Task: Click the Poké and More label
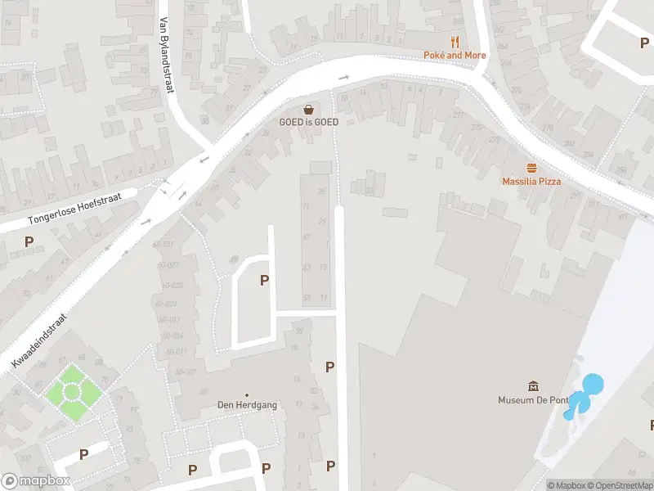[455, 56]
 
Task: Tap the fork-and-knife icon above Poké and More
[455, 42]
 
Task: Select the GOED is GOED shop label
[309, 122]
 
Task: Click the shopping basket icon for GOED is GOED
[309, 109]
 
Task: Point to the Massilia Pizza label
[531, 181]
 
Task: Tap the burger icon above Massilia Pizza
[531, 167]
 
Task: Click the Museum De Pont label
[534, 400]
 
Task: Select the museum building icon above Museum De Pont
[534, 386]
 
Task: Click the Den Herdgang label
[247, 405]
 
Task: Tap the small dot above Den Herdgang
[247, 394]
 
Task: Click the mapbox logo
[35, 481]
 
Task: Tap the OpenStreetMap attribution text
[620, 485]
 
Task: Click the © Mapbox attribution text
[567, 485]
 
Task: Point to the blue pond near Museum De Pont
[590, 385]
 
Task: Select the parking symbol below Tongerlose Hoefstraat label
[29, 242]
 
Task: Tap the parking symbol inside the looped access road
[264, 281]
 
